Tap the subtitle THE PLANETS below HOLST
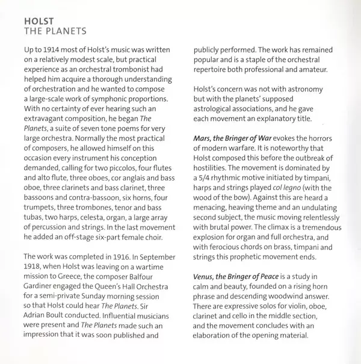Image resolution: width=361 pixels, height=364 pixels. tap(54, 29)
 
